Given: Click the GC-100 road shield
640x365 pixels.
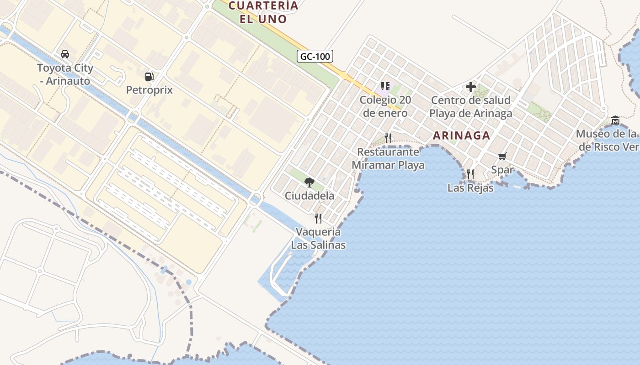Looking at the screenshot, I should [315, 56].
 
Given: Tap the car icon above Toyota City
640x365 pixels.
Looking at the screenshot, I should [65, 54].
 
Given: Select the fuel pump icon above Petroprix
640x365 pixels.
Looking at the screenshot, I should [149, 77].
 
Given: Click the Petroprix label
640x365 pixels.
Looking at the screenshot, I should [149, 90].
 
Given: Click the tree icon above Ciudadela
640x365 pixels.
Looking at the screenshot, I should [309, 182].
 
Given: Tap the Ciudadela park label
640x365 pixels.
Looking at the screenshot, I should [309, 196].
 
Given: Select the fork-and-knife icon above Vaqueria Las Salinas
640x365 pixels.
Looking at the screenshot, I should [318, 219].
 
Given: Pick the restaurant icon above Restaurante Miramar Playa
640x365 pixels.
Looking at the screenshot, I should [388, 138].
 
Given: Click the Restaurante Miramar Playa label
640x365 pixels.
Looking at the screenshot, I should [388, 158].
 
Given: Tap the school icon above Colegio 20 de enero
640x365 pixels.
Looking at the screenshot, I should [385, 86].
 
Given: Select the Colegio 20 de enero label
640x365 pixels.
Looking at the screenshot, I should [385, 106].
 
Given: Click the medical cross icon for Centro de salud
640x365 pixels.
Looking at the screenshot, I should [471, 87].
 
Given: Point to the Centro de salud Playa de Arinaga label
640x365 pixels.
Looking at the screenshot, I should [471, 107].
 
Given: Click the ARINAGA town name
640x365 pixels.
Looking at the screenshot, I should [461, 136].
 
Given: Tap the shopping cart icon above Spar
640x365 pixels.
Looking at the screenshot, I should [502, 156].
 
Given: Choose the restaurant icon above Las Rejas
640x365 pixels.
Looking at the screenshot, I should [470, 174].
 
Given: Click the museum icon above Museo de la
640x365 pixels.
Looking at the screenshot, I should [615, 120].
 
